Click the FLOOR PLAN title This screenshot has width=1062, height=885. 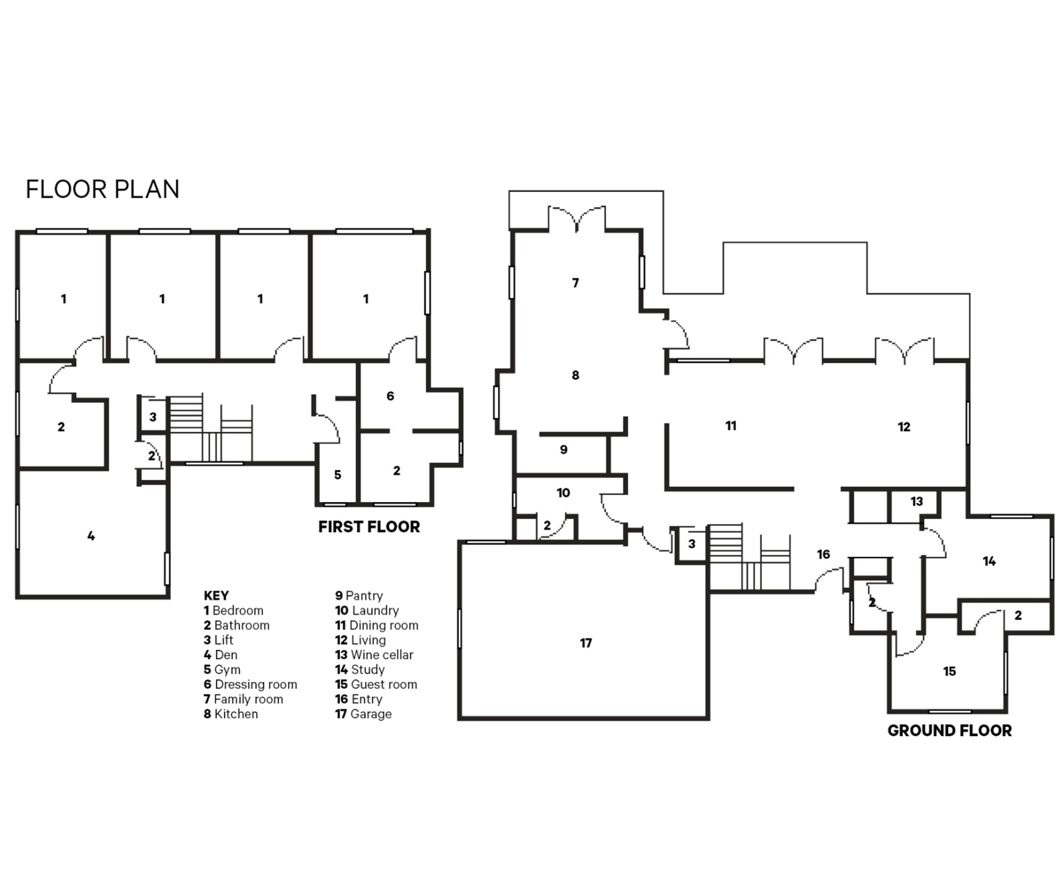click(102, 189)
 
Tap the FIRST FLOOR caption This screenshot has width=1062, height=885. click(369, 527)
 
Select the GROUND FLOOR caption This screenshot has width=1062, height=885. click(950, 731)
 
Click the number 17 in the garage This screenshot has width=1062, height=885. click(586, 643)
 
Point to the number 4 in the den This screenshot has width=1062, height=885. click(91, 535)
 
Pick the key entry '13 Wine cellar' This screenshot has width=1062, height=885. click(374, 655)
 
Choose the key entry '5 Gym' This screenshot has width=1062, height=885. click(222, 670)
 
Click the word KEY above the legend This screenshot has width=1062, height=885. click(216, 596)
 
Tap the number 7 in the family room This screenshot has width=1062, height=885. click(575, 283)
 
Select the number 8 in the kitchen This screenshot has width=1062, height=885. click(575, 375)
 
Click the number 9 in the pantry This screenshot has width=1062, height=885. click(564, 450)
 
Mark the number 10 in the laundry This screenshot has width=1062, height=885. click(563, 492)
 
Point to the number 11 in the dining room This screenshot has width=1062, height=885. click(731, 425)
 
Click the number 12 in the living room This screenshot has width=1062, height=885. click(904, 426)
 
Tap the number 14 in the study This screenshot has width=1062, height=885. click(989, 561)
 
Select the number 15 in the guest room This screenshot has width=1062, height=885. click(949, 671)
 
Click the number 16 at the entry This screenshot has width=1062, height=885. click(823, 554)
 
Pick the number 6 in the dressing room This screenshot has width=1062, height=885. click(391, 396)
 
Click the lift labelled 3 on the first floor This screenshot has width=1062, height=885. click(153, 417)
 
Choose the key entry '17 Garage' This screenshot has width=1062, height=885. click(363, 714)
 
